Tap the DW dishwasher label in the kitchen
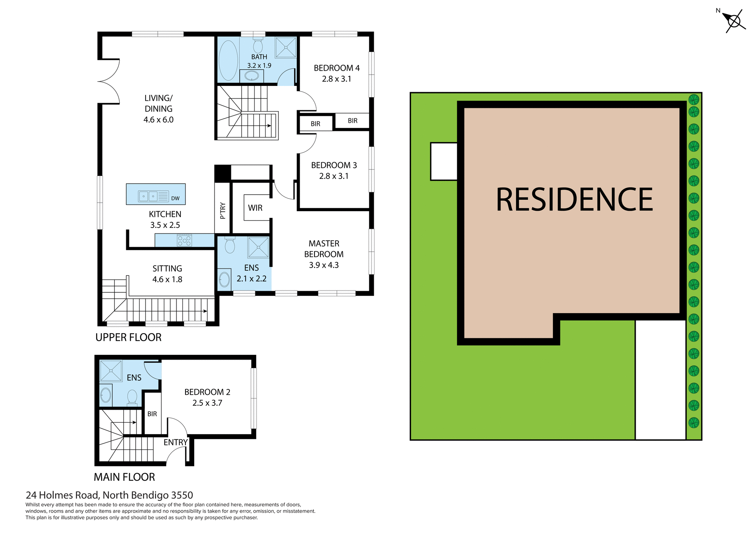175,198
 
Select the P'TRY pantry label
223,210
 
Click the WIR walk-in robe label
255,208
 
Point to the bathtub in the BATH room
228,60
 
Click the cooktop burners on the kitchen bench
184,240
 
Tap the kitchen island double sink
148,196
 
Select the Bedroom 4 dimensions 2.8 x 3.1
336,79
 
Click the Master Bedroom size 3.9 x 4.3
324,265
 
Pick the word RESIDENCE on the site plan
574,200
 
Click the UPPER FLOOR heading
128,338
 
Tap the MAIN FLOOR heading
124,477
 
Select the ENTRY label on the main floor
175,442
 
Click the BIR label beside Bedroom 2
152,414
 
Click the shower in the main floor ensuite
111,371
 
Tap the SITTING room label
167,268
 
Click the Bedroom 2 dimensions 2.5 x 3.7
207,403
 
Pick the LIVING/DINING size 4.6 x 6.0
158,120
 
